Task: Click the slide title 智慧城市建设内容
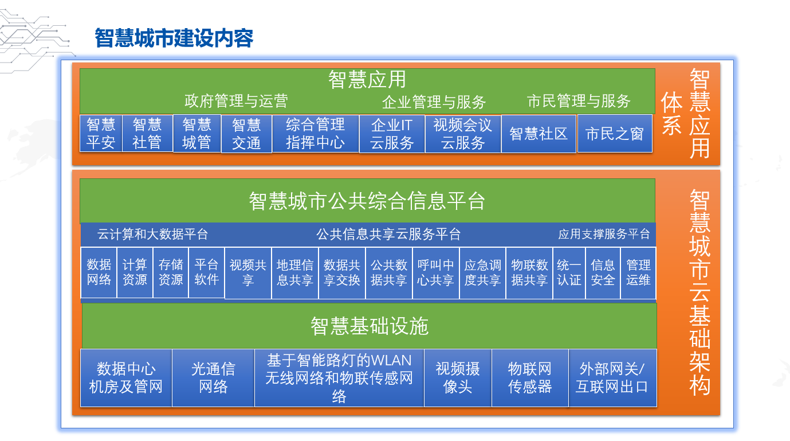174,38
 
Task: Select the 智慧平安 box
101,134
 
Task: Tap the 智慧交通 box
246,134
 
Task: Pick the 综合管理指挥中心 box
315,134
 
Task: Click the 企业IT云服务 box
392,134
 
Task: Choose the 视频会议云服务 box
463,134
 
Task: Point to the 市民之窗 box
615,134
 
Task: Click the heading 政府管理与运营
236,101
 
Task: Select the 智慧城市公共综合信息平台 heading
367,201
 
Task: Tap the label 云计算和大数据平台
153,234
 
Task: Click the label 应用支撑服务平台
604,234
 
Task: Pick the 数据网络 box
99,272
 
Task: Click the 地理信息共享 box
295,273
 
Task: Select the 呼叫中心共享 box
435,273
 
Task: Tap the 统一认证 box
569,273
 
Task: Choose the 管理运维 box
638,273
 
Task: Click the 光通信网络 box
213,378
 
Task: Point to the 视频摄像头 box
458,378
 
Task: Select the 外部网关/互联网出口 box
612,378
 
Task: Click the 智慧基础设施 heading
370,326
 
